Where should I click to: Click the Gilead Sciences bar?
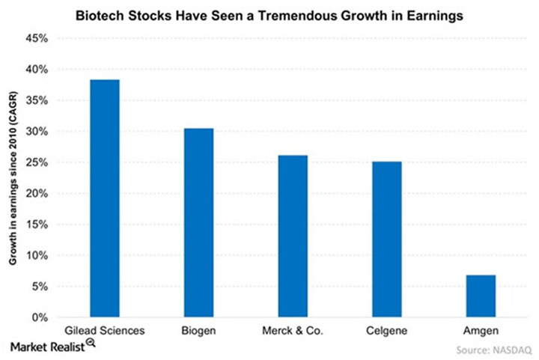104,198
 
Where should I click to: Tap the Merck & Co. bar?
292,237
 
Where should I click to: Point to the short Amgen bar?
481,296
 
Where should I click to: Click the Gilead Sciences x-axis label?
104,330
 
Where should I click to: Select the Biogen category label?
198,330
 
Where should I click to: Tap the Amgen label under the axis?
481,330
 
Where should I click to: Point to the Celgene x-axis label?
386,330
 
